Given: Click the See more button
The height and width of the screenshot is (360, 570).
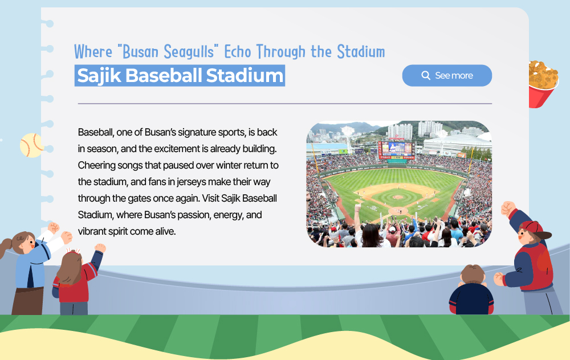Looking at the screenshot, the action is click(x=447, y=76).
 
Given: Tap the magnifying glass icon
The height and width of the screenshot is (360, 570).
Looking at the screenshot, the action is click(x=426, y=75).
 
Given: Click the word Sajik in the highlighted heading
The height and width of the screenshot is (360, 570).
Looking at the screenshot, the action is click(x=99, y=76).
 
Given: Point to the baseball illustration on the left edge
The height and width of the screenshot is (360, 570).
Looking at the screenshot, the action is click(x=32, y=145).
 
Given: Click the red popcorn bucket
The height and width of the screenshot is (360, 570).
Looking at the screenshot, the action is click(x=543, y=84).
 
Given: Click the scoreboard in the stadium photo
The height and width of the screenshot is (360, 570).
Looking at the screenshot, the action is click(x=396, y=150).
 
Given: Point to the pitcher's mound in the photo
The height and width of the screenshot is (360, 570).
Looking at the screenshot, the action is click(x=398, y=197).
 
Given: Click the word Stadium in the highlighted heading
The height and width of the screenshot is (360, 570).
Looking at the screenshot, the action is click(x=245, y=76).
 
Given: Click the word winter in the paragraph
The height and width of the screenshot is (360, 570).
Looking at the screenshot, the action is click(x=229, y=165).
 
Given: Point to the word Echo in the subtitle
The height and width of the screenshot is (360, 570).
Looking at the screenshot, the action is click(x=238, y=52).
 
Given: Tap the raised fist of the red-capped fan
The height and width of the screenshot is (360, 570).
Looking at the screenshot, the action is click(x=508, y=209).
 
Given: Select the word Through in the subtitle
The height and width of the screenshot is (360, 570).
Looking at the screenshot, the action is click(x=281, y=52).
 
